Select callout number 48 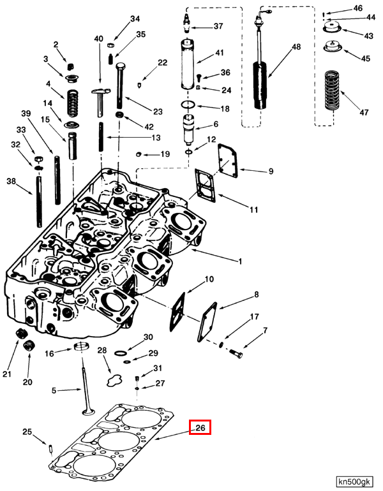(x=296, y=47)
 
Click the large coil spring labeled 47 (x=330, y=90)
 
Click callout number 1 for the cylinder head (x=240, y=261)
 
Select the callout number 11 (x=253, y=209)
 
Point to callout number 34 (x=134, y=19)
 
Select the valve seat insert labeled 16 (x=81, y=348)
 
